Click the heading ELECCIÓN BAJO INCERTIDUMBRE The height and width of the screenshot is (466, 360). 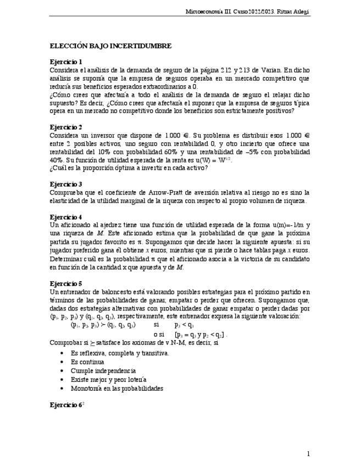[x=110, y=46]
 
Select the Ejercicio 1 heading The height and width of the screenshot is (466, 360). [x=66, y=62]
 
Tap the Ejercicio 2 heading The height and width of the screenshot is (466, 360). [x=66, y=127]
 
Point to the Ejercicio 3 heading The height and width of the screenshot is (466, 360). [x=66, y=184]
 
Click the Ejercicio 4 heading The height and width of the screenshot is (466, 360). [x=66, y=217]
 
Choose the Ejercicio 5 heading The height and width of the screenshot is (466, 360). [x=66, y=283]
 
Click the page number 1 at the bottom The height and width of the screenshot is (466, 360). [x=308, y=453]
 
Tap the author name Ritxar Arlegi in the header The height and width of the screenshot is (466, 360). [x=294, y=11]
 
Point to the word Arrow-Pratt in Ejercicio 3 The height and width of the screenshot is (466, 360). [x=166, y=193]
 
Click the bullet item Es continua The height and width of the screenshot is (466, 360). [x=87, y=362]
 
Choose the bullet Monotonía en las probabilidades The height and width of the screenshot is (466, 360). [x=117, y=389]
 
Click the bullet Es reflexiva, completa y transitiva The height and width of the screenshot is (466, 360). [x=120, y=353]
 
